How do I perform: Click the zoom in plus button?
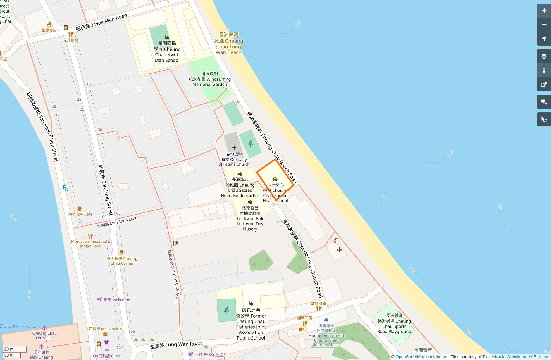pos(544,11)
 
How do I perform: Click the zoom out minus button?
pos(544,25)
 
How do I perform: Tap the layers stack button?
pos(544,56)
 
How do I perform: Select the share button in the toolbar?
pos(544,85)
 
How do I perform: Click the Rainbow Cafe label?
pos(80,214)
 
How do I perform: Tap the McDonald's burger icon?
pos(105,334)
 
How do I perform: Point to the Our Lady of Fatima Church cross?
pos(234,148)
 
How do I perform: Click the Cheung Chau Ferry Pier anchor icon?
pos(44,328)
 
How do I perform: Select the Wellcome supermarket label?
pos(117,300)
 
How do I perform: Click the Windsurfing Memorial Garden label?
pos(210,79)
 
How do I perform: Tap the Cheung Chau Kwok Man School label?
pos(167,52)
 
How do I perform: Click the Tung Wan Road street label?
pos(175,345)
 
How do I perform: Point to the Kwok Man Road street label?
pos(101,22)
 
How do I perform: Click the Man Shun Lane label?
pos(117,222)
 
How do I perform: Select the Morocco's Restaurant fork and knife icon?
pos(90,236)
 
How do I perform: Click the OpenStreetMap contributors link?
pos(422,357)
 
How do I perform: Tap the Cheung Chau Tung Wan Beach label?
pos(228,44)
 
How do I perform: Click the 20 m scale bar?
pos(14,349)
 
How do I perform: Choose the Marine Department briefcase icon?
pos(326,320)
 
